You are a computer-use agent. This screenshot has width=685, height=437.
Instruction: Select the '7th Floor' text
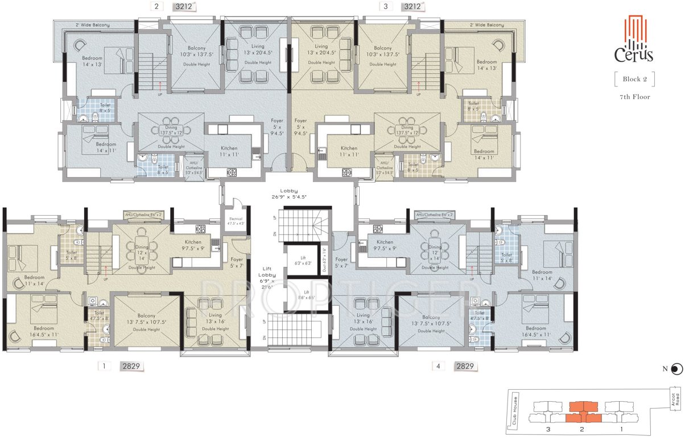coord(634,97)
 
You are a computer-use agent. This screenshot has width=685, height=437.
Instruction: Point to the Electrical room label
coord(236,221)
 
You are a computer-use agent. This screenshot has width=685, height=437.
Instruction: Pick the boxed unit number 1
coord(104,366)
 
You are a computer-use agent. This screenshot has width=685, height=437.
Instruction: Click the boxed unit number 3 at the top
coord(386,7)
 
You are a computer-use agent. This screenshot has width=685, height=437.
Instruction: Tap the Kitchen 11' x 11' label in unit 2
coord(229,151)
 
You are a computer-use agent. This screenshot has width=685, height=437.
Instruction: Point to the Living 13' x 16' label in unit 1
coord(215,318)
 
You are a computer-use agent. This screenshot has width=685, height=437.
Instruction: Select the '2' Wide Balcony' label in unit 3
coord(487,25)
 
